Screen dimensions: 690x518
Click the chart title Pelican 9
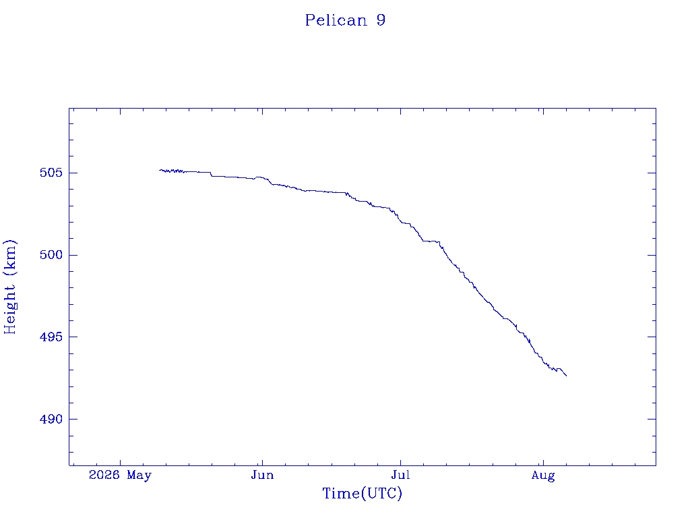point(346,20)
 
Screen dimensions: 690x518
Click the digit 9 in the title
point(381,20)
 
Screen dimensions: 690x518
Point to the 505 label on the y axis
point(51,173)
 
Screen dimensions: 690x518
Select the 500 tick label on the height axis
point(51,255)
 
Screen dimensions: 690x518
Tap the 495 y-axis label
point(51,337)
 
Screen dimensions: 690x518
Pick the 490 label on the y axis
point(51,419)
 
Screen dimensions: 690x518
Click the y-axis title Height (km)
point(9,287)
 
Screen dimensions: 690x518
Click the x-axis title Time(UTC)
point(362,493)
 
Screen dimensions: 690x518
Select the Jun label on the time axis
point(262,476)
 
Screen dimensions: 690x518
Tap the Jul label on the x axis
point(400,476)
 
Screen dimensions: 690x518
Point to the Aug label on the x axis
point(543,476)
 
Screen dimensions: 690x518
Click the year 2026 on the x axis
point(104,475)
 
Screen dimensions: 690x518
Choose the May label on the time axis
point(139,476)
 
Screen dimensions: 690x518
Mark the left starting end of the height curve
point(160,170)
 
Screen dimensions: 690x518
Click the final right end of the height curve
point(566,376)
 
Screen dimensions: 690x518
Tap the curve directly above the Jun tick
point(262,177)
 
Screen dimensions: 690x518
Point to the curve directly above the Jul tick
point(400,221)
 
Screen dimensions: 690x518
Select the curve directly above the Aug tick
point(543,362)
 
